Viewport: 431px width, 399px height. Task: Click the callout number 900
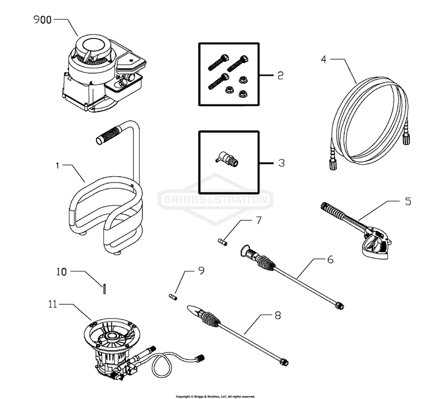click(x=43, y=20)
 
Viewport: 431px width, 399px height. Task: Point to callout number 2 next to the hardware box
click(x=280, y=76)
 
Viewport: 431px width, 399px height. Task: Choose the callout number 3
click(x=280, y=163)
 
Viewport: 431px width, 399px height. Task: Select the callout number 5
click(x=407, y=201)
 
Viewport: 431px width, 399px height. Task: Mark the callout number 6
click(x=330, y=259)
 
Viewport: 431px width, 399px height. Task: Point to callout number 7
click(x=258, y=220)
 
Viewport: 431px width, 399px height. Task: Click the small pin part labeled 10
click(x=106, y=289)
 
